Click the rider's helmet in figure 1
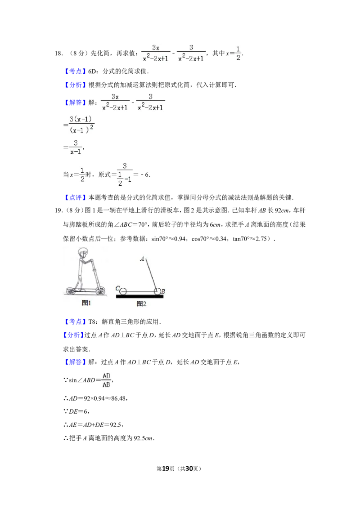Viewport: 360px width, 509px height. click(x=83, y=253)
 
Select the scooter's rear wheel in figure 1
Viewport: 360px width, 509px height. click(x=71, y=291)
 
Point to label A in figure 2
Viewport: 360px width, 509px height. click(x=142, y=259)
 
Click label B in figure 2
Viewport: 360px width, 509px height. click(x=163, y=291)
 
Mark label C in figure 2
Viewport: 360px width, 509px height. click(x=117, y=288)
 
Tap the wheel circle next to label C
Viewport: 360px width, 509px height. click(x=123, y=291)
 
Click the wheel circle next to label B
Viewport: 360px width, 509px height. click(x=157, y=291)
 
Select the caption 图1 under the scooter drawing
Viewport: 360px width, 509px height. click(x=86, y=303)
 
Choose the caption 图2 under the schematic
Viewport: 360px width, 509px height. click(x=141, y=304)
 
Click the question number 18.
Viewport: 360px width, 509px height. click(x=58, y=54)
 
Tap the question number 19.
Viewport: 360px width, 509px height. click(x=58, y=210)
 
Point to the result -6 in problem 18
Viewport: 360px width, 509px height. click(x=145, y=174)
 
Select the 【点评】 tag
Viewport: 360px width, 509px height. click(x=76, y=197)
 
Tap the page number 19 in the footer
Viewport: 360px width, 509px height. click(x=166, y=469)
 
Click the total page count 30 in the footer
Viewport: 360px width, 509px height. click(x=189, y=469)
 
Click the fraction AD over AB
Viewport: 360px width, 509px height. click(x=106, y=380)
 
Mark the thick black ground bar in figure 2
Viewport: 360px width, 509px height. click(x=140, y=296)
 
